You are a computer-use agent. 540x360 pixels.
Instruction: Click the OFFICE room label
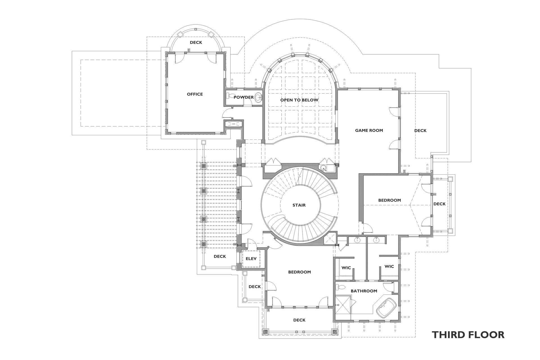point(195,94)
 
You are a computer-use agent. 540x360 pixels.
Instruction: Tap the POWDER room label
point(244,97)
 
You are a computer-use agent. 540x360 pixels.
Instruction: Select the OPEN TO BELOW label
point(299,100)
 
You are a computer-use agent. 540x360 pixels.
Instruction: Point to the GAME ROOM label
point(369,130)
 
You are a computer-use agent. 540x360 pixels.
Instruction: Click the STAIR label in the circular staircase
point(299,205)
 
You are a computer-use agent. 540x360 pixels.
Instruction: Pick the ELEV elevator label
point(251,258)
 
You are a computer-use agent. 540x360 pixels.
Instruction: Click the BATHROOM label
point(364,291)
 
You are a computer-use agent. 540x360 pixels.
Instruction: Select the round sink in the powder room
point(258,97)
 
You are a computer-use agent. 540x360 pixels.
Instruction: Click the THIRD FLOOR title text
point(468,335)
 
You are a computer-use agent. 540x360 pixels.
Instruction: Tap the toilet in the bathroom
point(341,287)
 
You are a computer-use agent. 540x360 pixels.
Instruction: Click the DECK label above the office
point(196,42)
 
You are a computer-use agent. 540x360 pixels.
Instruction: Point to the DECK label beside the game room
point(420,130)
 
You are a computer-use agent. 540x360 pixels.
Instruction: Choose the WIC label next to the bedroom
point(346,268)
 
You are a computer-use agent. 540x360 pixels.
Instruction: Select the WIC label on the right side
point(389,266)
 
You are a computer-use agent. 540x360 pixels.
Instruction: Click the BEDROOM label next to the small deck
point(389,200)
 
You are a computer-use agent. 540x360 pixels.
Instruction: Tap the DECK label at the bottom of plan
point(299,320)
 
